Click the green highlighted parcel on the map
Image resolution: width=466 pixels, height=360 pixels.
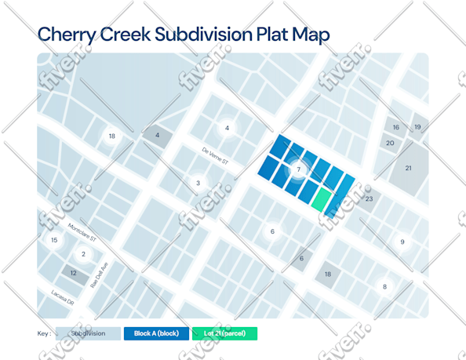click(x=320, y=199)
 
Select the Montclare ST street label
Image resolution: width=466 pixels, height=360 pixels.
click(x=82, y=231)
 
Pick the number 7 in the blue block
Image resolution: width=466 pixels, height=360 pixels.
click(x=298, y=169)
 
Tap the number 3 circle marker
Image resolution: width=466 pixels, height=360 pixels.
click(x=198, y=184)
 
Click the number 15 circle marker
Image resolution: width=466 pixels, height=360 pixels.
click(x=54, y=240)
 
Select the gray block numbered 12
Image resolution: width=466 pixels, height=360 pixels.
click(x=74, y=273)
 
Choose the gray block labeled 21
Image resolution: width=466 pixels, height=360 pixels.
click(x=408, y=168)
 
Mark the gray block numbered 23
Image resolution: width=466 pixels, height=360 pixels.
click(x=369, y=199)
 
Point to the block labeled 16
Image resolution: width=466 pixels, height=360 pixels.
click(x=396, y=127)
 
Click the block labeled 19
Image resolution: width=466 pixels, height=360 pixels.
click(x=417, y=126)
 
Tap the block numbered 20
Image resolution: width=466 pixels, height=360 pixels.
click(x=390, y=143)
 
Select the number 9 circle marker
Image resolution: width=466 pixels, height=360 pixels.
click(x=402, y=242)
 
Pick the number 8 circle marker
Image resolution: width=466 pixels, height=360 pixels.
click(x=384, y=287)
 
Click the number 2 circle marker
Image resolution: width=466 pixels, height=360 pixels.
click(x=83, y=254)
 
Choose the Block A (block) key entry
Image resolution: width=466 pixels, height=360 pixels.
click(x=156, y=333)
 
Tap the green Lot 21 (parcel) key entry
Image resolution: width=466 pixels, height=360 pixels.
click(x=224, y=333)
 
